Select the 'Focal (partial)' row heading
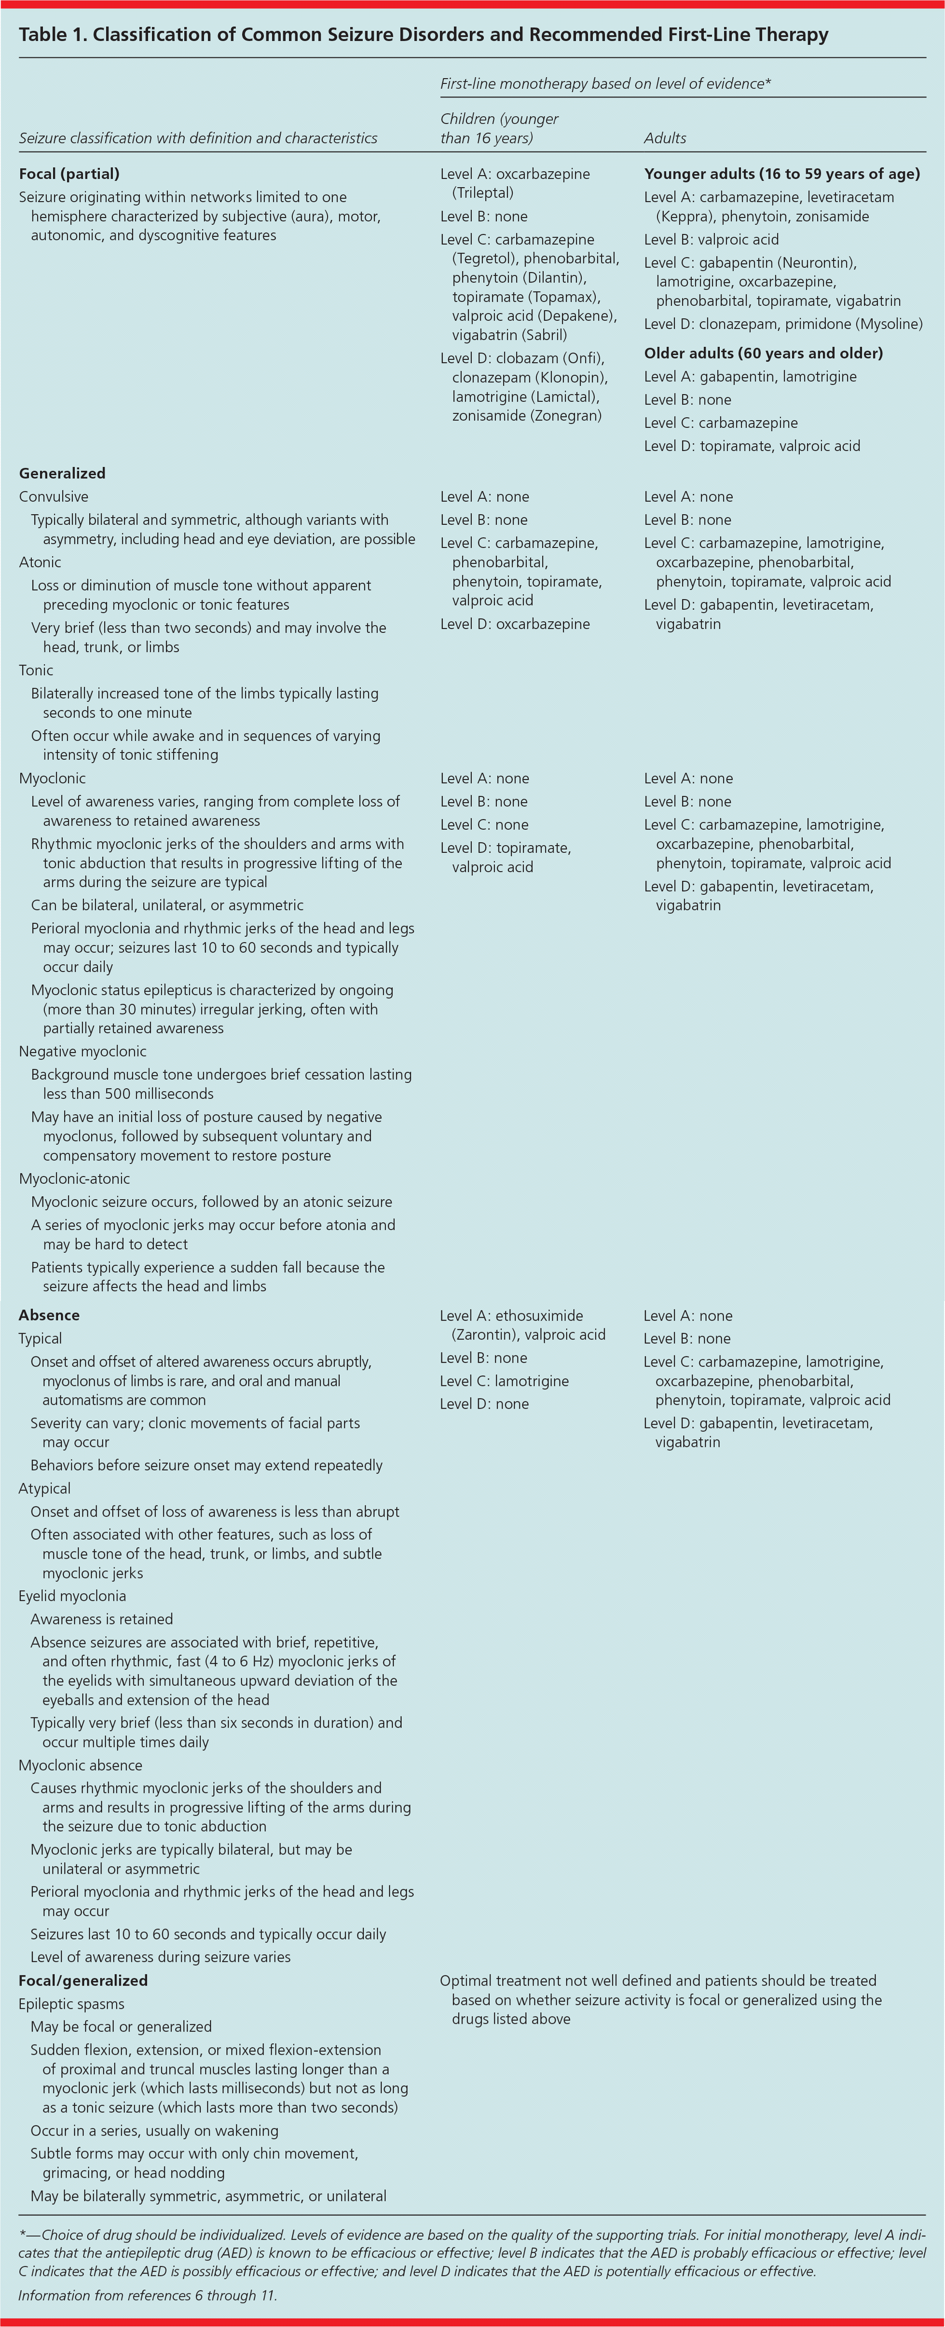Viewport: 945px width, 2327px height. tap(68, 174)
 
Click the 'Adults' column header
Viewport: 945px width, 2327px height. tap(665, 138)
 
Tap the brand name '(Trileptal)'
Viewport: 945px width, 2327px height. tap(482, 192)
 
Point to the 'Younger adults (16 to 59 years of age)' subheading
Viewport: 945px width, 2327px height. tap(781, 174)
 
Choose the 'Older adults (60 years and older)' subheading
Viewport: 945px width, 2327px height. tap(764, 353)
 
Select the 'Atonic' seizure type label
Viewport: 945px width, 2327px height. tap(40, 562)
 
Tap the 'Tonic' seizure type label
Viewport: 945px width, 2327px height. tap(36, 671)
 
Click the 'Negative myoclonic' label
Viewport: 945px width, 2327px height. tap(82, 1052)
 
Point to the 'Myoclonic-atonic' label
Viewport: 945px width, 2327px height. tap(74, 1179)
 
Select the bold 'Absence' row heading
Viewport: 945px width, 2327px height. tap(49, 1315)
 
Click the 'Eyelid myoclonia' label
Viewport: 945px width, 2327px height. tap(72, 1596)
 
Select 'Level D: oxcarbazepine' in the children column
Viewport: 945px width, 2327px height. tap(515, 624)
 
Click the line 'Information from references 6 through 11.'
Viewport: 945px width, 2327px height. tap(147, 2295)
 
